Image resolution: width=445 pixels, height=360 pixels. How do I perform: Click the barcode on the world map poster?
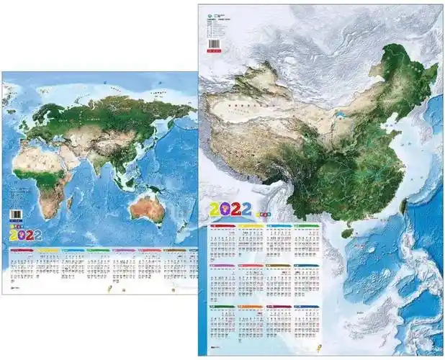coord(16,215)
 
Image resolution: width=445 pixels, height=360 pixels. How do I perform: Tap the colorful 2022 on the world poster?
coord(25,235)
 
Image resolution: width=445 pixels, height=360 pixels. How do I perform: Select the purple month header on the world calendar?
coord(123,251)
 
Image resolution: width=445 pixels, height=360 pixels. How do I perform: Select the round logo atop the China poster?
coord(210,19)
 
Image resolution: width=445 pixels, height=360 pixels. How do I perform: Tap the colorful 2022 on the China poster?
coord(230,210)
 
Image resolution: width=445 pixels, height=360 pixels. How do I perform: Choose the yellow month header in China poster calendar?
coord(250,226)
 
